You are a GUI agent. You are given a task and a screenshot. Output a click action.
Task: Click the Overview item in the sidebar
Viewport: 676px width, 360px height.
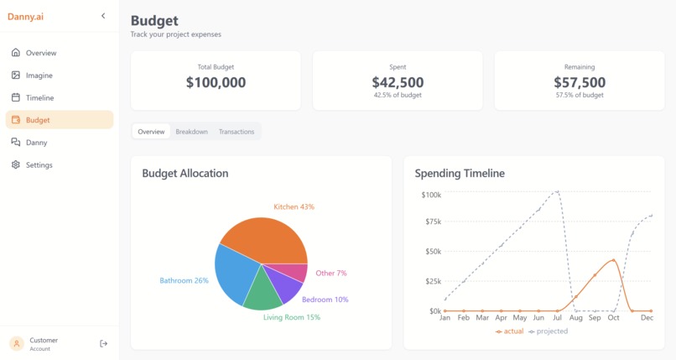40,53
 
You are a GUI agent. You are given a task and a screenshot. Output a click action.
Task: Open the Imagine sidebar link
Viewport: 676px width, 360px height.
39,76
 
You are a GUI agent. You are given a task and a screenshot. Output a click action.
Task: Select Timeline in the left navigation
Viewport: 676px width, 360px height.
39,98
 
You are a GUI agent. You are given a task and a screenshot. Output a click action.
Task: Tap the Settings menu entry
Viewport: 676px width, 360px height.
39,165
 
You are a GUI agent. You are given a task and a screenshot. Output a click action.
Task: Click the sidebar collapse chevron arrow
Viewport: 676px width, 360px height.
103,16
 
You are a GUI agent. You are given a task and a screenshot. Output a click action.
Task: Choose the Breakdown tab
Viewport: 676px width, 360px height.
191,132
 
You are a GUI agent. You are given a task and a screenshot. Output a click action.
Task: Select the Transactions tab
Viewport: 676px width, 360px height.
237,132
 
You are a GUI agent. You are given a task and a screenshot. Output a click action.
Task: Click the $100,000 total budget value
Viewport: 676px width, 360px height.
216,82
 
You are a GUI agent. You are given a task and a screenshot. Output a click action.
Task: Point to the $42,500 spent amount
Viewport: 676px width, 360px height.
398,82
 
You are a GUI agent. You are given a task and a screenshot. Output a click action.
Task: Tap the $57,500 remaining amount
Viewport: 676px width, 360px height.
580,82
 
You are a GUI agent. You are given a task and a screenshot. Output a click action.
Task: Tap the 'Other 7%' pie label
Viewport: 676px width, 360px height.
330,274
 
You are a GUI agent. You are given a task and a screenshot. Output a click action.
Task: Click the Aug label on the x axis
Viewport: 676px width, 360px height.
576,319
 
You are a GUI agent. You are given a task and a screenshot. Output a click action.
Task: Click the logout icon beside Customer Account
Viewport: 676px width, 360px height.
103,343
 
